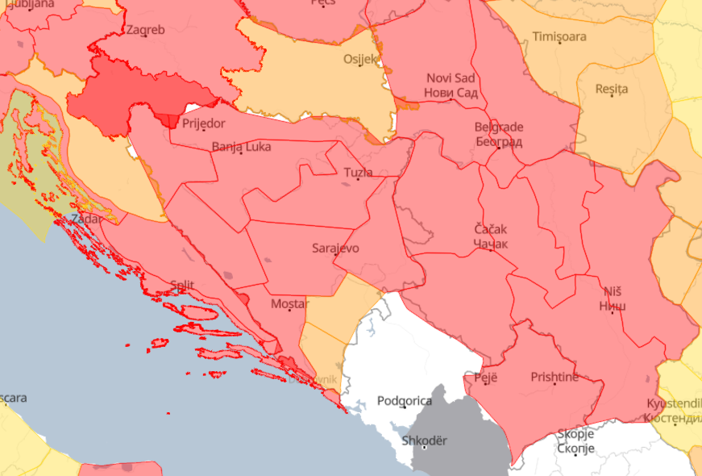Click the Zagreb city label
point(145,31)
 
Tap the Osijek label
point(360,59)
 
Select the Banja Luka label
point(241,147)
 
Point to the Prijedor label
point(203,123)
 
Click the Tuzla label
point(358,173)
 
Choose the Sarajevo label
point(335,248)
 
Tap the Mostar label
point(289,303)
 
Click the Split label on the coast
point(182,284)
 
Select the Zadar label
point(86,219)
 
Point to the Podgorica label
point(404,401)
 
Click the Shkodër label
point(423,441)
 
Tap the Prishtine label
point(555,377)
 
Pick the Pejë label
point(485,377)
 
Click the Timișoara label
point(559,36)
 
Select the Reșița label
point(611,89)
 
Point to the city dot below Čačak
point(490,250)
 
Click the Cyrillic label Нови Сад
point(451,93)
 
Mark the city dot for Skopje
point(575,454)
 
